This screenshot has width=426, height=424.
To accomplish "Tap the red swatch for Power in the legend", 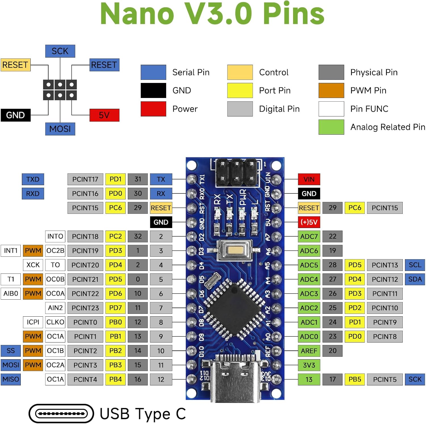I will (153, 109).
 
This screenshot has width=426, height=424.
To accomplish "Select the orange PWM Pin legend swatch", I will (331, 90).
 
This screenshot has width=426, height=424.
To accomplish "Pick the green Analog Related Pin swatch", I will (331, 127).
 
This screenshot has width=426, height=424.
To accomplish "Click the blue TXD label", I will (33, 179).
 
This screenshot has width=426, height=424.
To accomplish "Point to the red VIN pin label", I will (309, 179).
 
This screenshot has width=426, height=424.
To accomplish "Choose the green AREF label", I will (309, 351).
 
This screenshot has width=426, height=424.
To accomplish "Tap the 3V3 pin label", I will (309, 365).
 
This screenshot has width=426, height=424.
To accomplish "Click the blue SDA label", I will (415, 279).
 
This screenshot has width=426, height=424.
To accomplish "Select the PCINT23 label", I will (85, 308).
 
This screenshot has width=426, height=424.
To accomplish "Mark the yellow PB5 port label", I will (355, 379).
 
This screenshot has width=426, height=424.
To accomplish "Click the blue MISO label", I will (11, 379).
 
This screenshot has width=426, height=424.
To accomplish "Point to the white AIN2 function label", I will (55, 308).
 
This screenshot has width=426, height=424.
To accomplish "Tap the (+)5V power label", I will (309, 222).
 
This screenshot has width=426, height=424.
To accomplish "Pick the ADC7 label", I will (309, 236).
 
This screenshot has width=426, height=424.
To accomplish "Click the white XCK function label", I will (33, 265).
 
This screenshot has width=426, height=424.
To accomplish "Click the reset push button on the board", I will (235, 250).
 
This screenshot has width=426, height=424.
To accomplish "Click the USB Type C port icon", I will (61, 413).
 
